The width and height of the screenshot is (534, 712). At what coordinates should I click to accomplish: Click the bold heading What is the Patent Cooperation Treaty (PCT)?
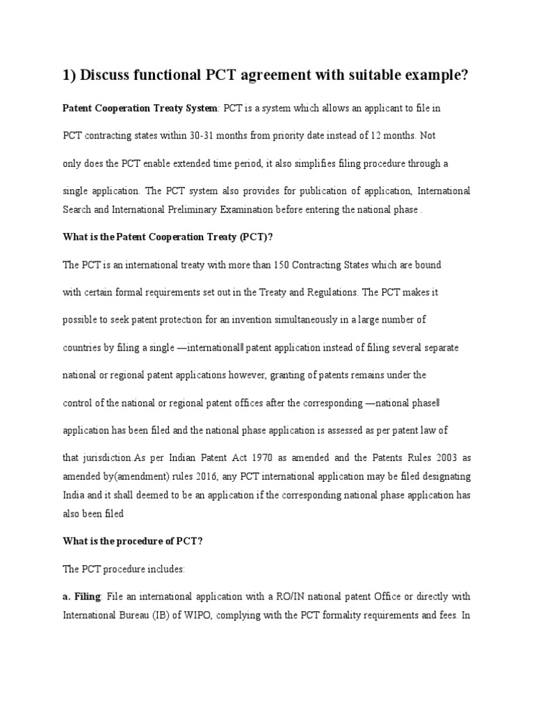click(x=168, y=237)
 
